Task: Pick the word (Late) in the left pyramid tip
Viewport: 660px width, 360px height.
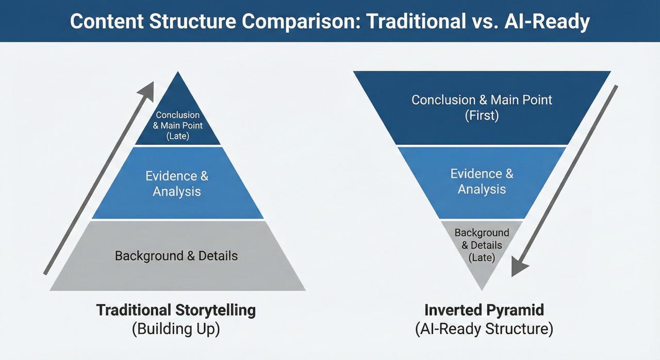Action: point(178,136)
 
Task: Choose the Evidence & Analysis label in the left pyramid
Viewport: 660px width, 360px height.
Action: point(177,184)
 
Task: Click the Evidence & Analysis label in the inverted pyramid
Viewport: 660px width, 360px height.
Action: point(482,181)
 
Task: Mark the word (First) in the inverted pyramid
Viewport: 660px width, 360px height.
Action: point(482,116)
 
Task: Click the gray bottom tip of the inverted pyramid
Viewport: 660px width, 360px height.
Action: point(482,276)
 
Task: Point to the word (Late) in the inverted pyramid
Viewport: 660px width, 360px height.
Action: point(482,257)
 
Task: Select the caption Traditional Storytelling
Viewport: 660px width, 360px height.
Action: point(176,310)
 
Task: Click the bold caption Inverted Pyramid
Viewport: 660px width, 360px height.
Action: point(484,310)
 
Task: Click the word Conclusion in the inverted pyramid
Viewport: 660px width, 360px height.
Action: point(443,100)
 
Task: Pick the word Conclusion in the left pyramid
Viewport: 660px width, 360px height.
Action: point(178,115)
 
